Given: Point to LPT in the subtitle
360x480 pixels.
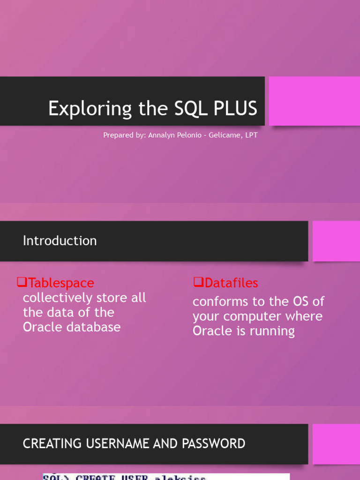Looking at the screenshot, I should [x=251, y=135].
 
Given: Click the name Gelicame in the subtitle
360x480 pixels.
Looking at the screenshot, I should [x=224, y=135].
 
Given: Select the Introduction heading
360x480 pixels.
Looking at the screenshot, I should [x=60, y=240].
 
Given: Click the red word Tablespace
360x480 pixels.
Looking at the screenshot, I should [x=61, y=283].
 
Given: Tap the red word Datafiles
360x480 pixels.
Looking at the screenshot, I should [x=232, y=283].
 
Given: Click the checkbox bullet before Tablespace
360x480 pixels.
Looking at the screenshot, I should [x=22, y=282].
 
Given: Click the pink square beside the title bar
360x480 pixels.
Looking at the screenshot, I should [x=314, y=101].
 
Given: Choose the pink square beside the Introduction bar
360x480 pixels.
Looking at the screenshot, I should [x=336, y=241].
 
